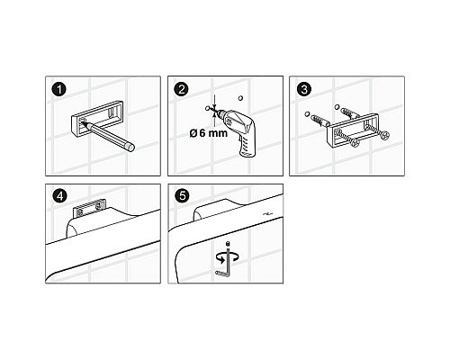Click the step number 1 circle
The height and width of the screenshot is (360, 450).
[x=59, y=89]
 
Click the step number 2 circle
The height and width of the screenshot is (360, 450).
[x=182, y=89]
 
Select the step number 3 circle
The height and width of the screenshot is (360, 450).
[x=304, y=89]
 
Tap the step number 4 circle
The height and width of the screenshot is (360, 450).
[x=59, y=196]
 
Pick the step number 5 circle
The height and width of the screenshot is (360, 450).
[x=182, y=196]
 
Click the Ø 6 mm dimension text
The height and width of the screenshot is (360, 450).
[x=209, y=132]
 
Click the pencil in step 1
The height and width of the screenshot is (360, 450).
[x=108, y=135]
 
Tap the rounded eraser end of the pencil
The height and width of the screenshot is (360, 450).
[x=130, y=148]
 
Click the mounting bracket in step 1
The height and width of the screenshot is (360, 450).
[x=97, y=118]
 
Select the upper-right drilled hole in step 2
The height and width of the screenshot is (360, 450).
[x=240, y=98]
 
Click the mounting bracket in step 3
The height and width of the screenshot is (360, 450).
[x=352, y=130]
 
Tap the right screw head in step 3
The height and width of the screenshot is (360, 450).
[x=384, y=136]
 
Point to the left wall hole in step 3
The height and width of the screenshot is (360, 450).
[x=307, y=114]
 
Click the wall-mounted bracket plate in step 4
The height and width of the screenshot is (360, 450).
[x=89, y=208]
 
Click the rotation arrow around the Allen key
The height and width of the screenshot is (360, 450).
[x=228, y=257]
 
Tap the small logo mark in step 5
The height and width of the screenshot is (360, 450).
[x=267, y=213]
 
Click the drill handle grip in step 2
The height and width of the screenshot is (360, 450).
[x=248, y=146]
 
